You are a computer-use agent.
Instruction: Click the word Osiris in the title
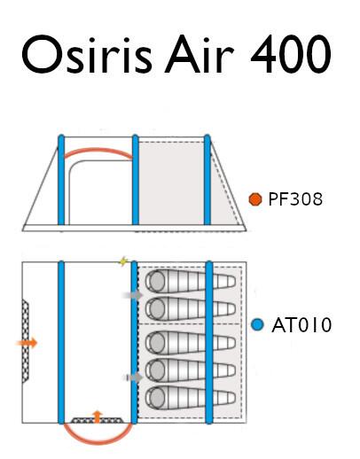pyautogui.click(x=87, y=55)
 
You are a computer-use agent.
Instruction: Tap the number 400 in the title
pyautogui.click(x=291, y=54)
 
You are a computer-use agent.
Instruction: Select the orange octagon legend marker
pyautogui.click(x=255, y=199)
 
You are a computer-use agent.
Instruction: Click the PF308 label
pyautogui.click(x=295, y=199)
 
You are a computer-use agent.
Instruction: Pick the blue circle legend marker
pyautogui.click(x=257, y=325)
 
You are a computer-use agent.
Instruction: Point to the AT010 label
pyautogui.click(x=301, y=325)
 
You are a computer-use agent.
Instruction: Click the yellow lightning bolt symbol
pyautogui.click(x=123, y=261)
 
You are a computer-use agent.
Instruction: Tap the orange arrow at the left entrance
pyautogui.click(x=27, y=343)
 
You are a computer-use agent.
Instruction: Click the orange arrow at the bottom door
pyautogui.click(x=97, y=416)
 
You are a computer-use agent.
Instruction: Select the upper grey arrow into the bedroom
pyautogui.click(x=132, y=295)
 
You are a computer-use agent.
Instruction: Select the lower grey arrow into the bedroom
pyautogui.click(x=133, y=377)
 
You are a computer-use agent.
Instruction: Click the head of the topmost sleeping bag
pyautogui.click(x=157, y=281)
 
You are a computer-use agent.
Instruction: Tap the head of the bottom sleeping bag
pyautogui.click(x=157, y=397)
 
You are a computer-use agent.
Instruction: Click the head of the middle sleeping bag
pyautogui.click(x=157, y=343)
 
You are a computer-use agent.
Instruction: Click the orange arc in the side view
pyautogui.click(x=98, y=150)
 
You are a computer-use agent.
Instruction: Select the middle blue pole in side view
pyautogui.click(x=136, y=180)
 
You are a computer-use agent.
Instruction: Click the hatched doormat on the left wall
pyautogui.click(x=26, y=341)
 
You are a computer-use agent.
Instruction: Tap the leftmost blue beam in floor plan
pyautogui.click(x=61, y=342)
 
